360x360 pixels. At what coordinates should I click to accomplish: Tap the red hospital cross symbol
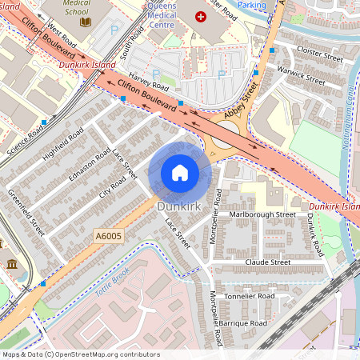(x=200, y=16)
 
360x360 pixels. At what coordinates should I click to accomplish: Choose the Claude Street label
(x=268, y=262)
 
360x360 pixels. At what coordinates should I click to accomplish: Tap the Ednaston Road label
(x=92, y=166)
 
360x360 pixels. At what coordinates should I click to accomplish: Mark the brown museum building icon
(x=12, y=264)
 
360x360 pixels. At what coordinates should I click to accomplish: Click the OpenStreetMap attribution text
(x=70, y=354)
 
